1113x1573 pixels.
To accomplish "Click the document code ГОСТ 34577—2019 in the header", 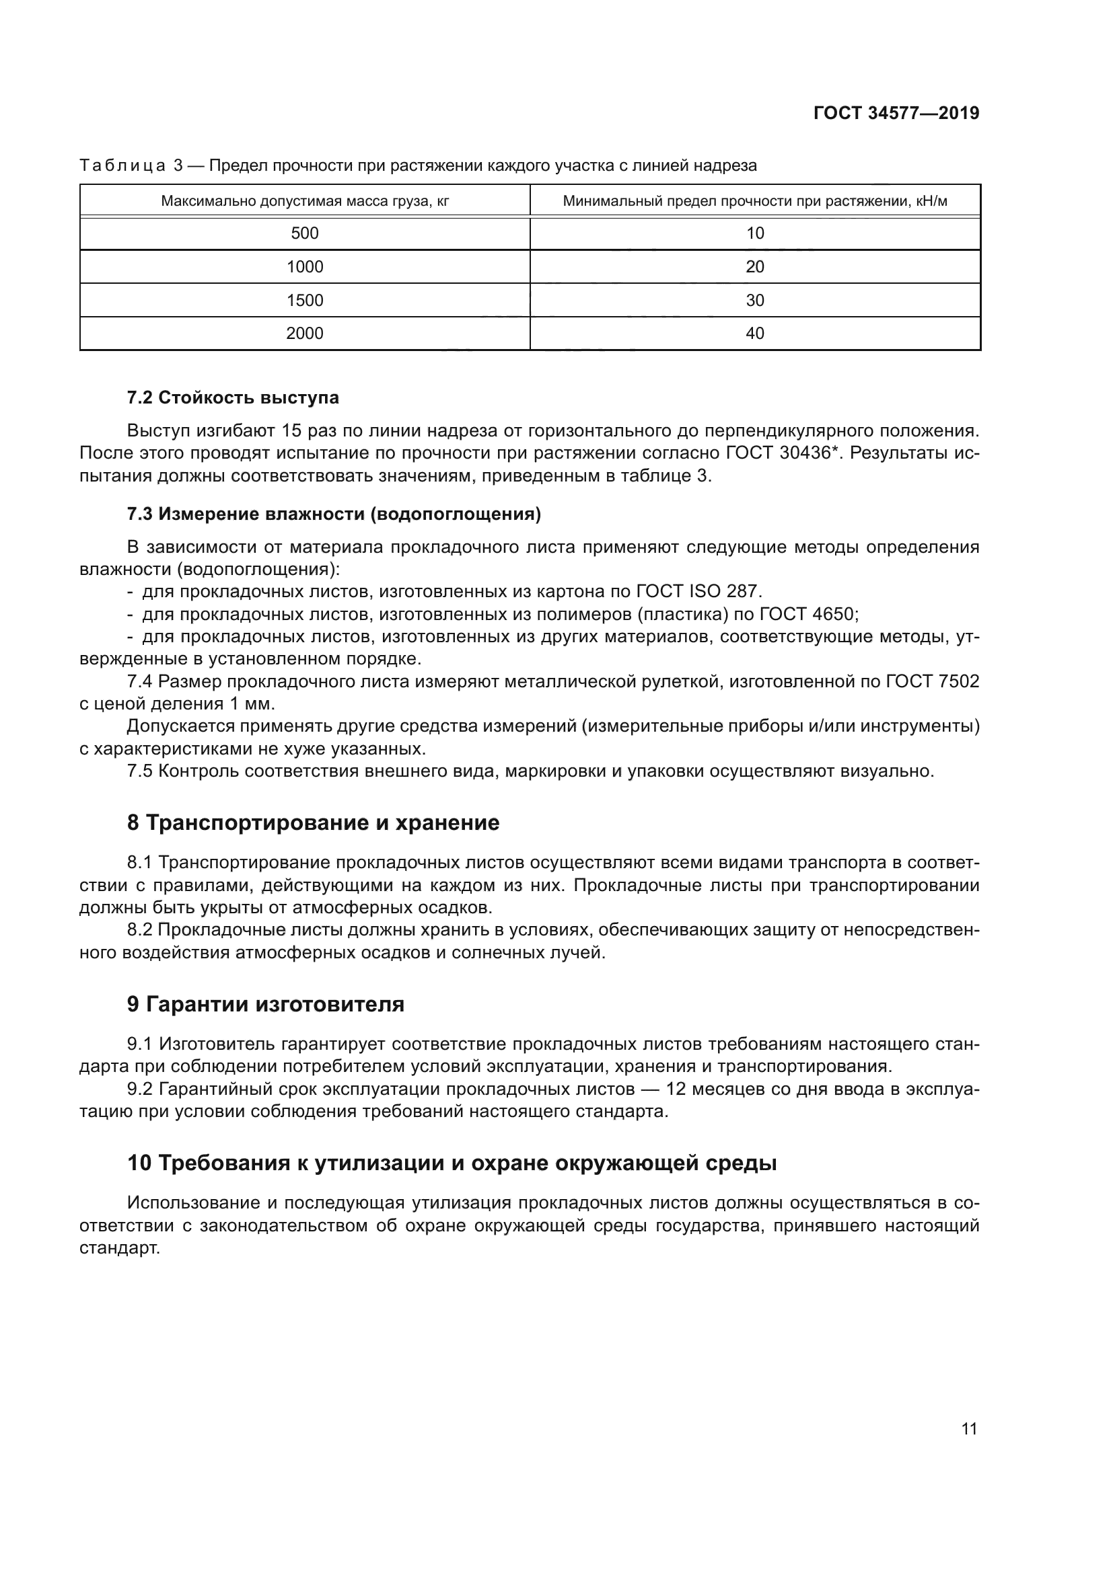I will [896, 114].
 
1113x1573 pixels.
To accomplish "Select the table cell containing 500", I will [304, 233].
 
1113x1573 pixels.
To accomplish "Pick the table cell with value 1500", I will [304, 300].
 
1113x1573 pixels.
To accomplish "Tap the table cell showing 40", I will [754, 334].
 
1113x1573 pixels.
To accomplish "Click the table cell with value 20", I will [754, 266].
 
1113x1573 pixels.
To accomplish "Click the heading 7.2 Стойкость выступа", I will [233, 397].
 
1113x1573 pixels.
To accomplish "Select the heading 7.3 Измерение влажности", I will [334, 514].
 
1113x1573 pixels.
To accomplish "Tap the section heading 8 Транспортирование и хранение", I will [313, 822].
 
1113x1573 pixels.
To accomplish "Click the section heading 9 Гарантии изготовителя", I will [265, 1004].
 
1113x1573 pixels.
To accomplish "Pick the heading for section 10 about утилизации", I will [452, 1163].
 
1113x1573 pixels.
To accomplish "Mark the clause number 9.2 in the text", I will [141, 1089].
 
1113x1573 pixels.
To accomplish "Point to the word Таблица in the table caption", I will [122, 166].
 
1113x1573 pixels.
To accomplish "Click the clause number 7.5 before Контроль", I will [140, 771].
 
